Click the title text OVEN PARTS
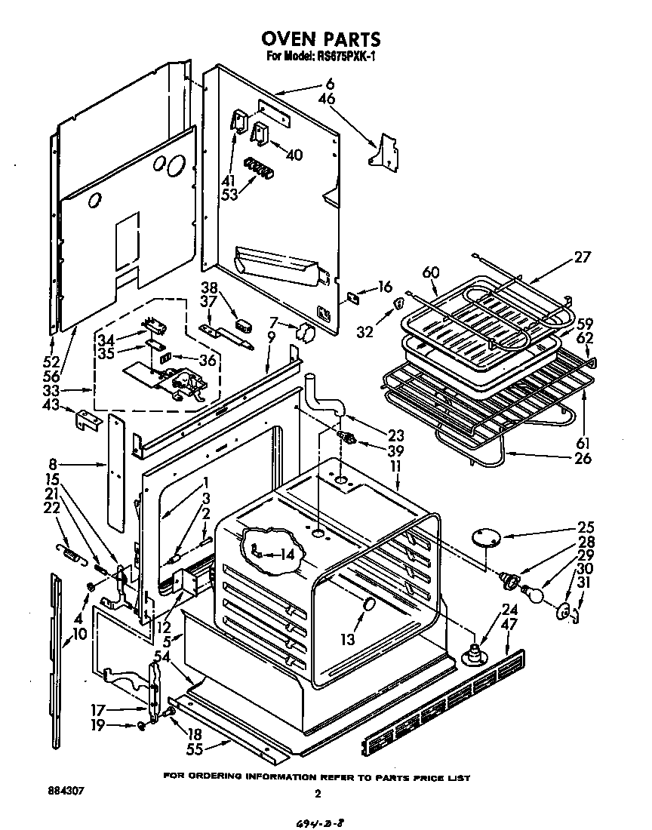click(321, 38)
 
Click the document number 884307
click(66, 792)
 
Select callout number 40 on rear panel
click(294, 155)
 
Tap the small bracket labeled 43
click(88, 420)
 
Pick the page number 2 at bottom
click(318, 793)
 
